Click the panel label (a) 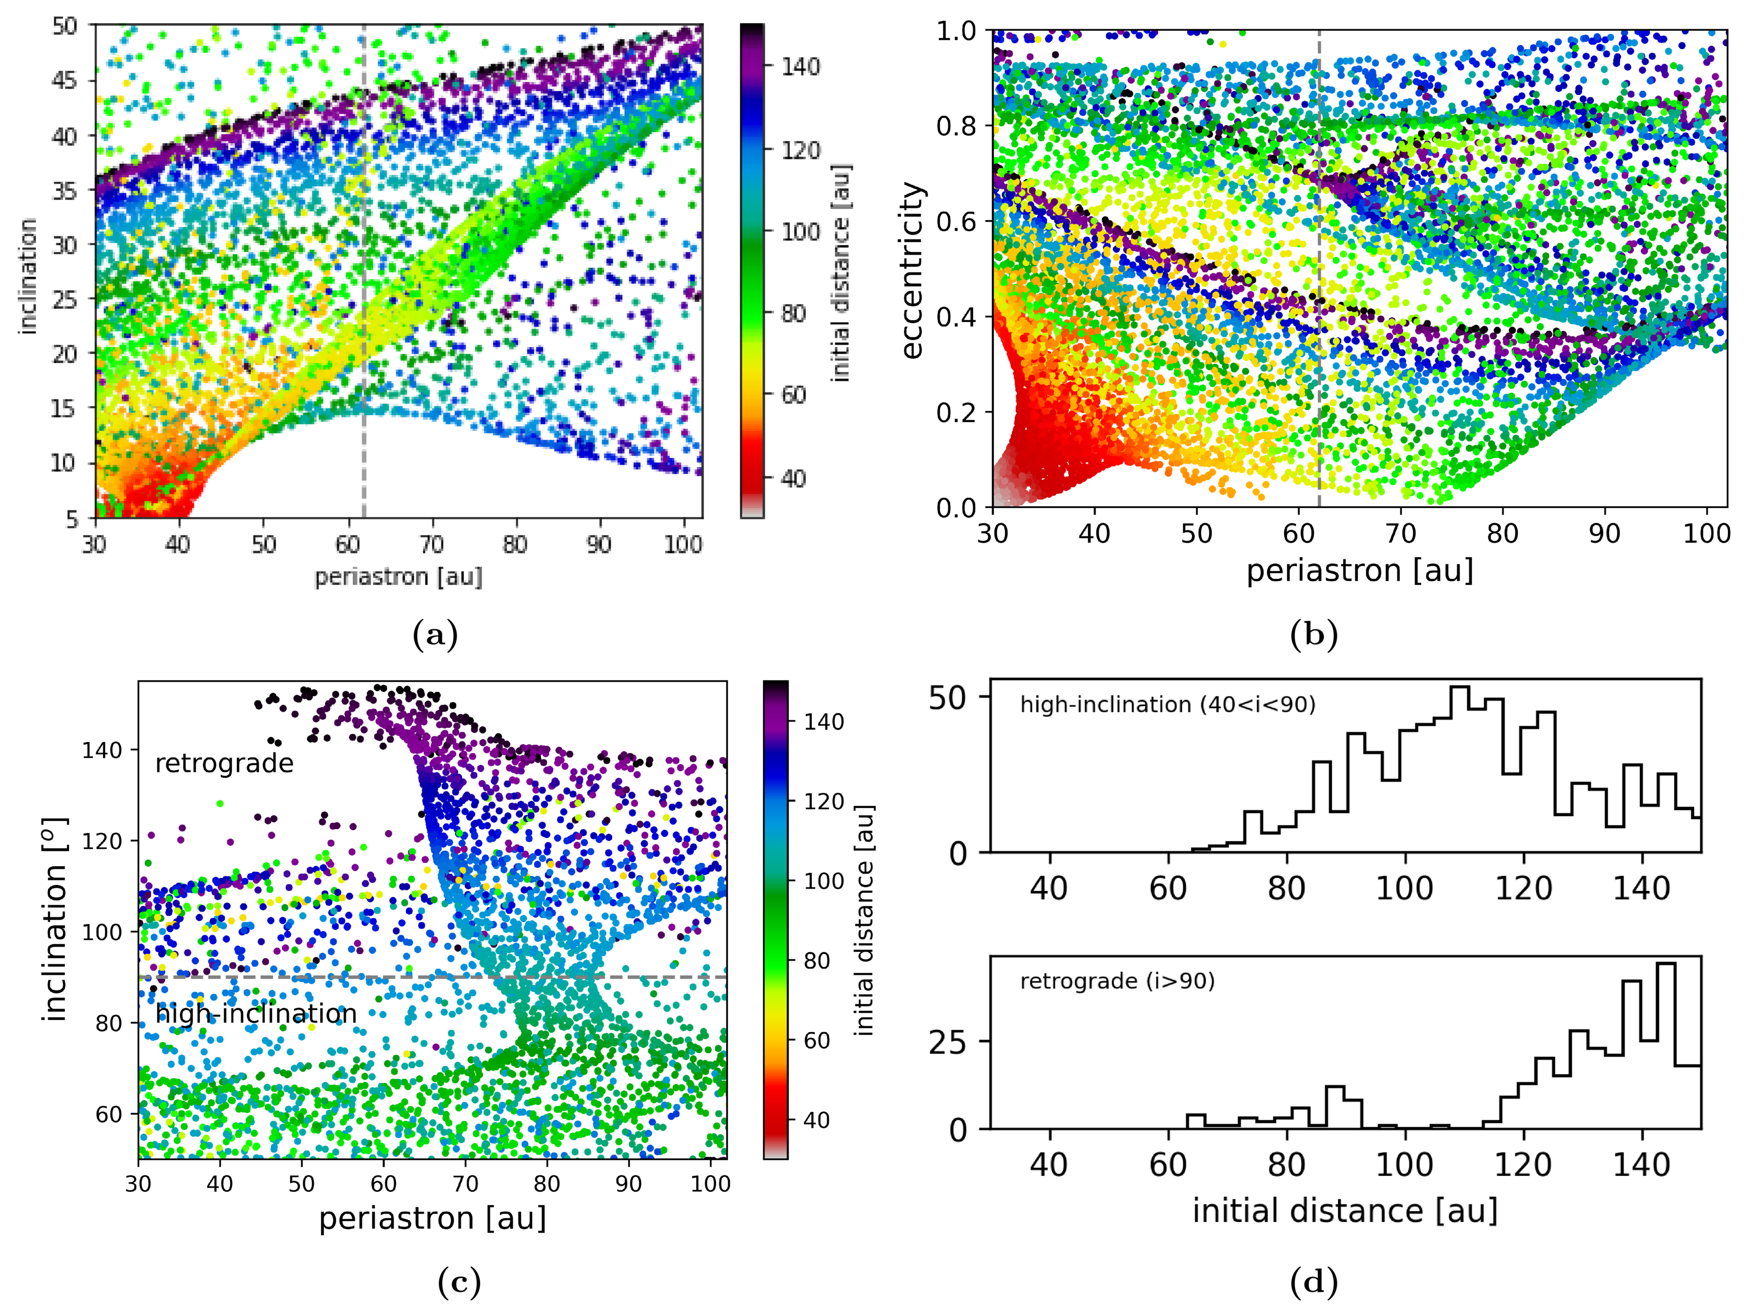tap(435, 635)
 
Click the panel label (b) tap(1313, 635)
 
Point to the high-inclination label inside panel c tap(256, 1014)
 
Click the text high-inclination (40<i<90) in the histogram tap(1168, 704)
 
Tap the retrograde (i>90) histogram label tap(1117, 981)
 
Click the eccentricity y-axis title tap(912, 271)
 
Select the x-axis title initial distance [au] tap(1344, 1210)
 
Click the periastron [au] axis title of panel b tap(1359, 570)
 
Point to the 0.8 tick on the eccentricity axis tap(956, 126)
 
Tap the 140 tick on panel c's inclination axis tap(103, 750)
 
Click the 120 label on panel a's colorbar tap(800, 150)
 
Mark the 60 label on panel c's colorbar tap(816, 1040)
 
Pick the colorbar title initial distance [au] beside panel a tap(842, 273)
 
